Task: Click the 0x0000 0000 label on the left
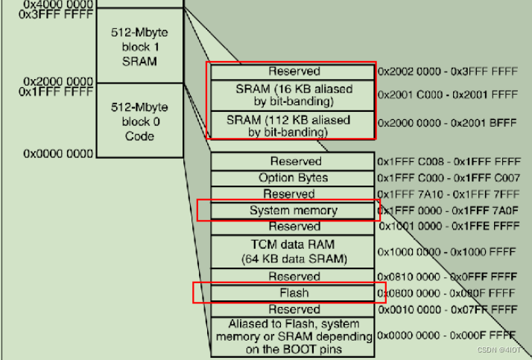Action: (x=58, y=154)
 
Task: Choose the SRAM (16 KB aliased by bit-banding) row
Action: (x=293, y=95)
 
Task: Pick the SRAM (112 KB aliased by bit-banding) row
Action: (x=293, y=125)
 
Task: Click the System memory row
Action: (x=293, y=210)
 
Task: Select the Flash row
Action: (x=293, y=292)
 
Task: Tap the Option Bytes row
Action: (x=293, y=177)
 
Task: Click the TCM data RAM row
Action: (x=293, y=252)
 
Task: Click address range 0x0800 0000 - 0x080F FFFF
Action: (x=446, y=293)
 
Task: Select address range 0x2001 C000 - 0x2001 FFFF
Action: (x=446, y=95)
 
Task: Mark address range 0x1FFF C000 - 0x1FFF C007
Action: (x=446, y=178)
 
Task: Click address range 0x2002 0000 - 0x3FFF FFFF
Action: (x=446, y=72)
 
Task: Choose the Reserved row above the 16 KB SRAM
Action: (x=293, y=72)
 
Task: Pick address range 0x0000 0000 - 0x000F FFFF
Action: (x=446, y=336)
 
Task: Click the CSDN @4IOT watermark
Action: (x=499, y=348)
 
